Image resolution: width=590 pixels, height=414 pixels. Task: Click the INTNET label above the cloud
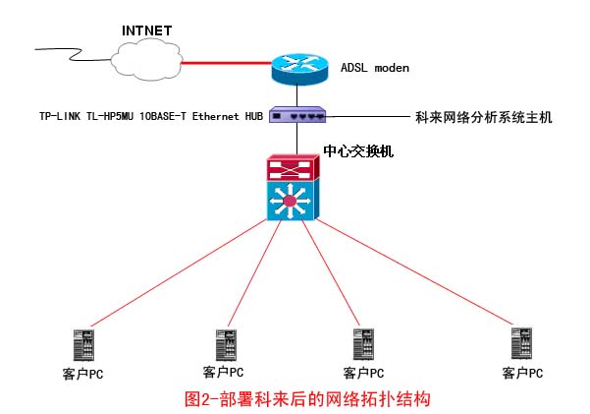[146, 30]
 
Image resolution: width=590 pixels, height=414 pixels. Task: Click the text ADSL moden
[374, 68]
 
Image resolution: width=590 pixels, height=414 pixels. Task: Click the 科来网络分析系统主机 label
[485, 117]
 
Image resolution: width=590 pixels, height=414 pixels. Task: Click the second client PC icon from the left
[224, 345]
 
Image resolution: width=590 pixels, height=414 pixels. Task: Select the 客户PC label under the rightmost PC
[522, 373]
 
